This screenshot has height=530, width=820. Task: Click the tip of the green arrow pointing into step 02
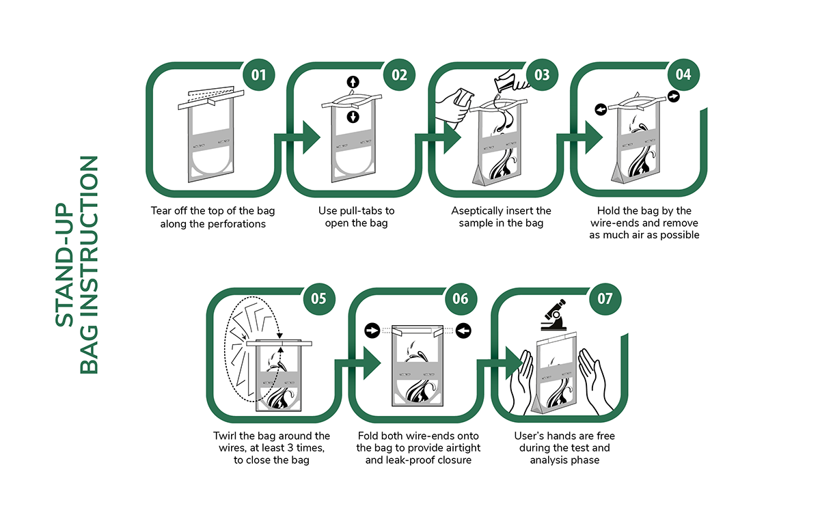(320, 138)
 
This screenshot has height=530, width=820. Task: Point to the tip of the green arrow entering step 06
(381, 363)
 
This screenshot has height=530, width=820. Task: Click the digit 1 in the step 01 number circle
(263, 75)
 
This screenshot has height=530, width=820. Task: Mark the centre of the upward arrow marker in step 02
(353, 82)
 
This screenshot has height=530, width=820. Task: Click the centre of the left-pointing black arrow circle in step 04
(601, 109)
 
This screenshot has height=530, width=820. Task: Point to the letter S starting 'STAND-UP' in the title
(64, 320)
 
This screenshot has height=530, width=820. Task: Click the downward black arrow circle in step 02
(353, 117)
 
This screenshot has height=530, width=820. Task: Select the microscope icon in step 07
(553, 316)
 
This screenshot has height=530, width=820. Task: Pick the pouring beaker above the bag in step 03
(510, 81)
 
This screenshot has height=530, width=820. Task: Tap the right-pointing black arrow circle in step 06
(372, 331)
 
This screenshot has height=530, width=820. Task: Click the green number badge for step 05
(319, 299)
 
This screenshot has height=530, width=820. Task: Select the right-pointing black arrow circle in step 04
(674, 96)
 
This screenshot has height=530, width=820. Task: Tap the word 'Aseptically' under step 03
(476, 211)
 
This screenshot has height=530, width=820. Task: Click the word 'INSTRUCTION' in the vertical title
(89, 265)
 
